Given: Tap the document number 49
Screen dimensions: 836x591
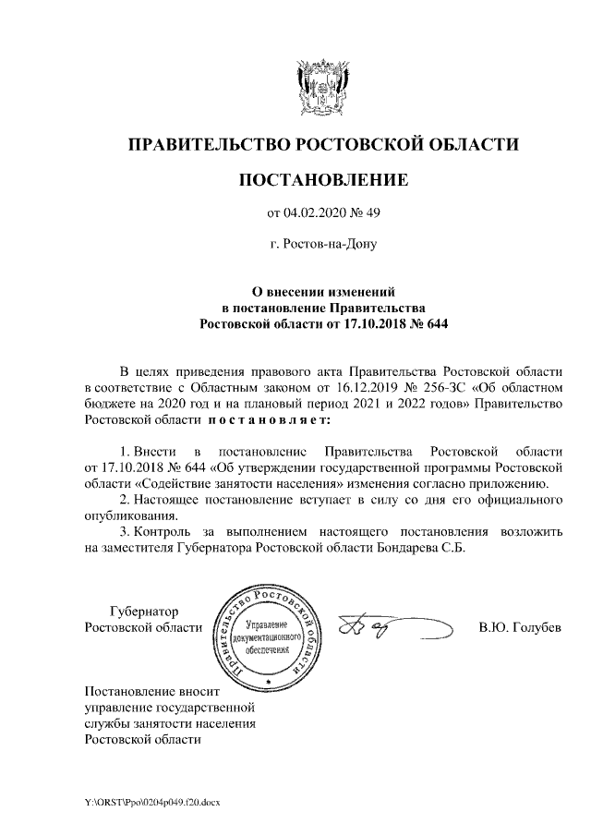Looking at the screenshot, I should (x=371, y=215).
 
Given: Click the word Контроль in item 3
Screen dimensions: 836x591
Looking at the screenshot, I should (x=163, y=532).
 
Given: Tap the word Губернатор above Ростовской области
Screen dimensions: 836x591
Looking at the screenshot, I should (x=144, y=612).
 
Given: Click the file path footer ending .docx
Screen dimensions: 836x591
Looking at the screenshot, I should (x=152, y=801).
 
